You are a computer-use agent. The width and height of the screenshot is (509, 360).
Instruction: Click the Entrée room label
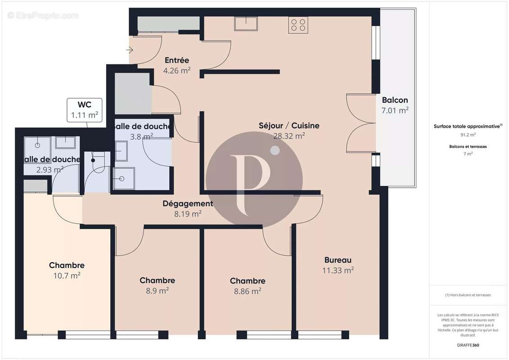(x=176, y=60)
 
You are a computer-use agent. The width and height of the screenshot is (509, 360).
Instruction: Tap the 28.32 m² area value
(x=289, y=135)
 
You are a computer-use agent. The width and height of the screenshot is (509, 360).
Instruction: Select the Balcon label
(x=395, y=100)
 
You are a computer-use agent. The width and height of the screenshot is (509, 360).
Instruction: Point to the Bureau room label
(x=338, y=260)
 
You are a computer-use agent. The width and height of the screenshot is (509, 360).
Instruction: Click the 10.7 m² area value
(x=67, y=275)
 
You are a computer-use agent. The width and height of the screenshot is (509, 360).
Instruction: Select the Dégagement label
(x=188, y=204)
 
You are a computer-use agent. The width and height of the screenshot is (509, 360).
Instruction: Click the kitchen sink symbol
(x=245, y=23)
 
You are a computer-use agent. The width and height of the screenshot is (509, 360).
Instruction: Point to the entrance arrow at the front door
(x=130, y=50)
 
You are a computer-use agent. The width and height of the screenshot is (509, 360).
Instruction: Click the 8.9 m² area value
(x=157, y=291)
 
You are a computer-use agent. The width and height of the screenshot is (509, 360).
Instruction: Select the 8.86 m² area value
(x=248, y=291)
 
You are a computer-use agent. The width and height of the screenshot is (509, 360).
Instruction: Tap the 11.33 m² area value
(x=338, y=270)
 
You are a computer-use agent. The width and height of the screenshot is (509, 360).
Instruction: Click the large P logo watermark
(x=254, y=179)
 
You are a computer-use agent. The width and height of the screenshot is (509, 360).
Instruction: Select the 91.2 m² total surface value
(x=468, y=134)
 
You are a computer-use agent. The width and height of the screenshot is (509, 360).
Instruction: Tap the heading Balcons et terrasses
(x=468, y=146)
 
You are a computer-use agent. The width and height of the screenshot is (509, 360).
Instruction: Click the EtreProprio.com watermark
(x=43, y=16)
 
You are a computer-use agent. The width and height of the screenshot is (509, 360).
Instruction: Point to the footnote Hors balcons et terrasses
(x=468, y=295)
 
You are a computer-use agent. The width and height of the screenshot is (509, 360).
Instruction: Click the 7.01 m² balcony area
(x=395, y=110)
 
